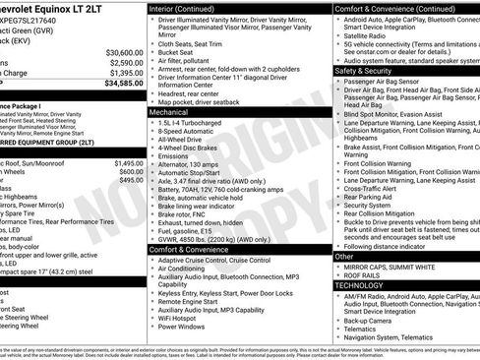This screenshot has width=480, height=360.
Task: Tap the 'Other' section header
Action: (x=343, y=256)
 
